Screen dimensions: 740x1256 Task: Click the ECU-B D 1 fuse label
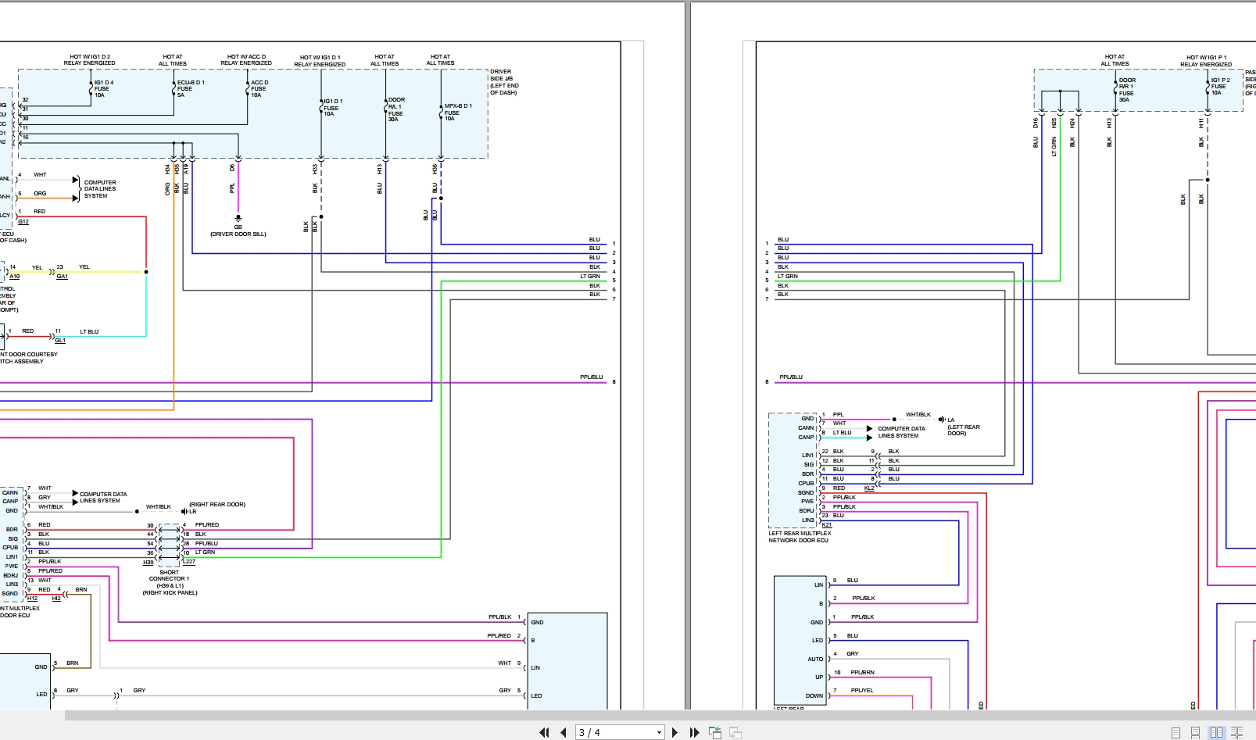click(x=190, y=88)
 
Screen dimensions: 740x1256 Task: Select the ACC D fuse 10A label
click(x=259, y=88)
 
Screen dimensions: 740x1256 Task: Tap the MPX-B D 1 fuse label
click(x=457, y=112)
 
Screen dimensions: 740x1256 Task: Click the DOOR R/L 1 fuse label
click(x=396, y=109)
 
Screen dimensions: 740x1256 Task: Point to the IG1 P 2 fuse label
click(x=1219, y=86)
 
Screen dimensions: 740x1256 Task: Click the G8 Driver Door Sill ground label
click(x=238, y=231)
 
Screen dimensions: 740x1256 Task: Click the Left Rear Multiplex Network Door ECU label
click(x=799, y=537)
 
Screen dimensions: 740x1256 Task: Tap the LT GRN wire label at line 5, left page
click(x=590, y=276)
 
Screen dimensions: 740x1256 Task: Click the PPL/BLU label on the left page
click(x=592, y=377)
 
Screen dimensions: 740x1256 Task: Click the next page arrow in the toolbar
click(x=675, y=732)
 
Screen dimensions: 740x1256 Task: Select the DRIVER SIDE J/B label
click(x=504, y=82)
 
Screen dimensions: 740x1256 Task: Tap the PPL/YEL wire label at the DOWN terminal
click(x=862, y=690)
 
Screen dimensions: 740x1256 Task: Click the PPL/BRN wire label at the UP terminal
click(x=862, y=672)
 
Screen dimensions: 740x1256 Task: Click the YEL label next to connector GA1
click(x=84, y=267)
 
